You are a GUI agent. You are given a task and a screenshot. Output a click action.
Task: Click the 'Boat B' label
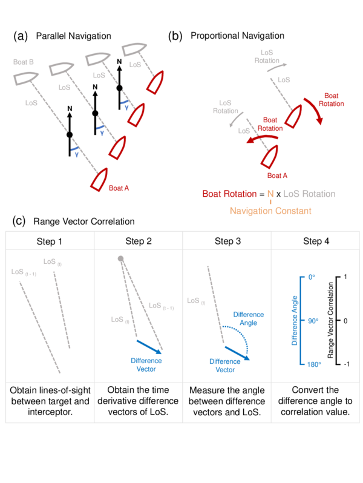tap(23, 62)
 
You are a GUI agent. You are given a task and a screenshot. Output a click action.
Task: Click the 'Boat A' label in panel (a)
tap(119, 188)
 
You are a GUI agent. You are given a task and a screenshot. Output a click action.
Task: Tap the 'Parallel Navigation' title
tap(73, 36)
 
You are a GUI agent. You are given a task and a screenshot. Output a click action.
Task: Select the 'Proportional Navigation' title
tap(237, 36)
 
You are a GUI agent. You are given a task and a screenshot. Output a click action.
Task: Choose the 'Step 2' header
tap(139, 242)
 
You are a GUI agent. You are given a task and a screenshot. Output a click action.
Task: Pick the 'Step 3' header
tap(227, 242)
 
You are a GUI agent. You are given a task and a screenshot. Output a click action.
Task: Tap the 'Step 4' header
tap(315, 242)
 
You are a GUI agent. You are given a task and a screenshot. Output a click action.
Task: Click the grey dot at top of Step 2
tap(121, 259)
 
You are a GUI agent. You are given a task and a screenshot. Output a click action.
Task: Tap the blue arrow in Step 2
tap(149, 346)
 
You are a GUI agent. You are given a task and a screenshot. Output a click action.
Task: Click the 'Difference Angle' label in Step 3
tap(248, 318)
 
